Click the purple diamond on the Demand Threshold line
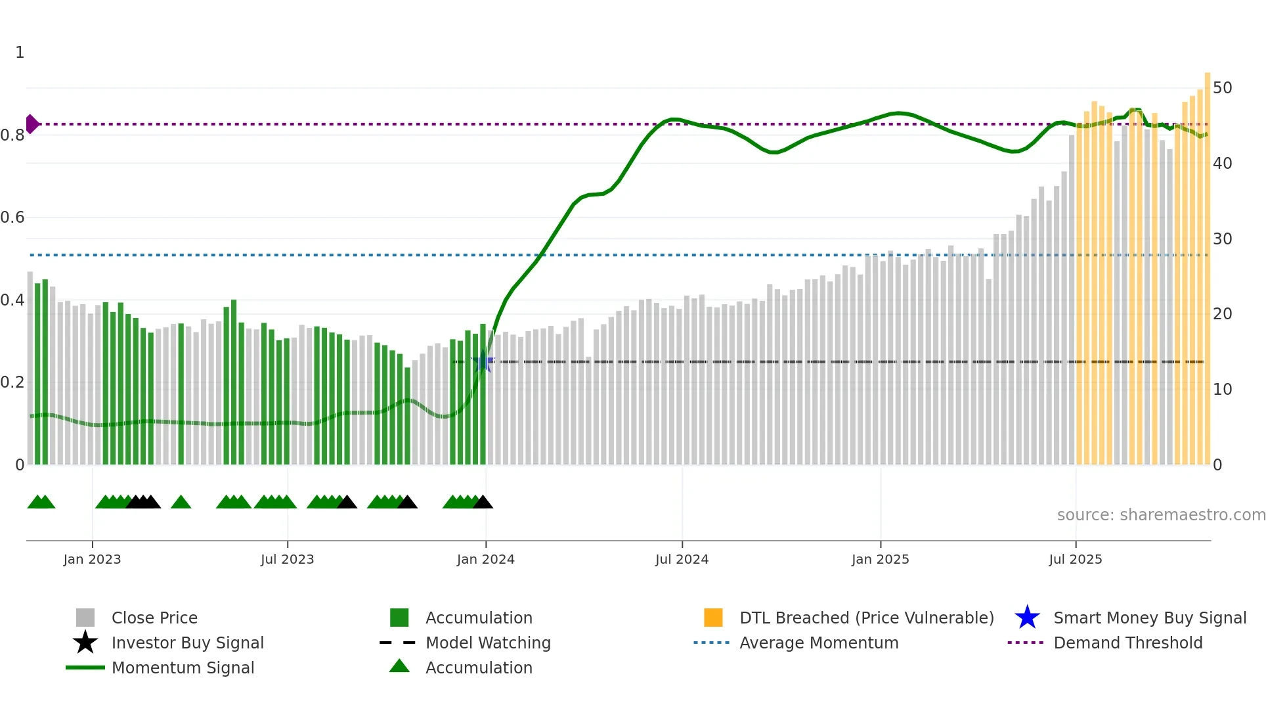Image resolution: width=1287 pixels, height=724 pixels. (x=32, y=124)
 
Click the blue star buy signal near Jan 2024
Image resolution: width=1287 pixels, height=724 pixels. (x=483, y=361)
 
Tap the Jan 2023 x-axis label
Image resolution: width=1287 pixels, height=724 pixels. (x=92, y=559)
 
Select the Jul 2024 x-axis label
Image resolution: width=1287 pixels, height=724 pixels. (x=682, y=559)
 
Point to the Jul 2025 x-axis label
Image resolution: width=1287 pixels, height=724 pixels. (x=1075, y=559)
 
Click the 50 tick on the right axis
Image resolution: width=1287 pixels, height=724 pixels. (x=1222, y=88)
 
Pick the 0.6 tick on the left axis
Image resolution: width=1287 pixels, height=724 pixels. (x=13, y=217)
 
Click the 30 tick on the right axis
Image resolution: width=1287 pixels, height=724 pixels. (x=1222, y=238)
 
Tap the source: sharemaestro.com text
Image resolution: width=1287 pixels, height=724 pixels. (x=1161, y=514)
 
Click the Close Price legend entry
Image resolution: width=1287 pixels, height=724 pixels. (x=154, y=618)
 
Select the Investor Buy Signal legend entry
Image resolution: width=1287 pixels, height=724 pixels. (x=187, y=643)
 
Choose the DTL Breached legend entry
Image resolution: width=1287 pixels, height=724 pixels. (x=866, y=618)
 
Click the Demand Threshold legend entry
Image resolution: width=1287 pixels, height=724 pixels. (x=1127, y=643)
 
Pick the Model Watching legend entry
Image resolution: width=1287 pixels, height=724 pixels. (x=488, y=643)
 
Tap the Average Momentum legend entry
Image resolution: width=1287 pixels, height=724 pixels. (x=818, y=643)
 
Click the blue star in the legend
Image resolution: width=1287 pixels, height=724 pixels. (x=1027, y=618)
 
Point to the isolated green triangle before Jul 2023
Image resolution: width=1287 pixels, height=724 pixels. (x=181, y=503)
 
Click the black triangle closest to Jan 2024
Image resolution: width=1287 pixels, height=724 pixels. (x=483, y=503)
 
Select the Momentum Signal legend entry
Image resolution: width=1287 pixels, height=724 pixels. (x=183, y=667)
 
